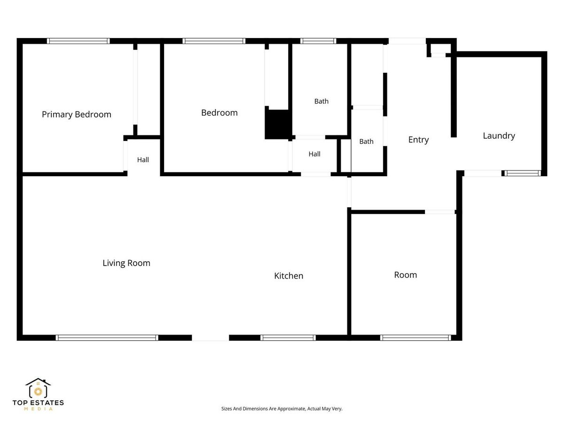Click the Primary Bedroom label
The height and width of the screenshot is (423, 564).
tap(77, 115)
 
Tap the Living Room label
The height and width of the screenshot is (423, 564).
tap(126, 263)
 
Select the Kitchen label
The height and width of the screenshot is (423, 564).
tap(289, 276)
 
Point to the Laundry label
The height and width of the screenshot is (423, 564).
tap(499, 136)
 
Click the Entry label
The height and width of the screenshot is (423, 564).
tap(419, 140)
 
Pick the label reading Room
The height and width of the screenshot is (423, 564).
tap(406, 275)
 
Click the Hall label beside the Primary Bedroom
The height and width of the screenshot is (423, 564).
tap(143, 160)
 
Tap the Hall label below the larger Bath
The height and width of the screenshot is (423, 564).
tap(314, 154)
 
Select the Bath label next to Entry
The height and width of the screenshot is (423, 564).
tap(366, 141)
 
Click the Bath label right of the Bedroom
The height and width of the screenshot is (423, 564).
tap(321, 102)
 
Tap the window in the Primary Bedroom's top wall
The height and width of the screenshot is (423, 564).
tap(78, 41)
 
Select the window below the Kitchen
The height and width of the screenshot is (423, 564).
tap(288, 338)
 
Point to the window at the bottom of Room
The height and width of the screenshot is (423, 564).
tap(415, 338)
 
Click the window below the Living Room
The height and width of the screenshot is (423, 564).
tap(107, 338)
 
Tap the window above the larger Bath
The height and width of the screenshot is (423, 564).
tap(318, 41)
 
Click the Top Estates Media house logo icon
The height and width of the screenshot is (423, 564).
tap(38, 388)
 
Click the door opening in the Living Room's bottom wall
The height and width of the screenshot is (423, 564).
tap(211, 338)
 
